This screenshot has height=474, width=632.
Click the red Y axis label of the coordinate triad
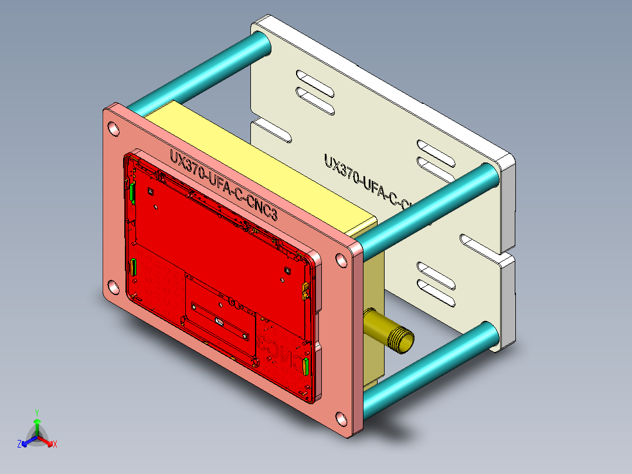pos(36,412)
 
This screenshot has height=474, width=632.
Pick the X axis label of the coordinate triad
pos(55,445)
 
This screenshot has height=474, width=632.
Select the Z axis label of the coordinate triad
pos(19,445)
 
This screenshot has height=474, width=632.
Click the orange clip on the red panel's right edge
pos(305,289)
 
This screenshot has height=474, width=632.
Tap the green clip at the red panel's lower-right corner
pos(305,367)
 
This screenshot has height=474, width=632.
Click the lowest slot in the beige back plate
pos(437,299)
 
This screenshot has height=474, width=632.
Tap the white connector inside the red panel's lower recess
pos(219,321)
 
